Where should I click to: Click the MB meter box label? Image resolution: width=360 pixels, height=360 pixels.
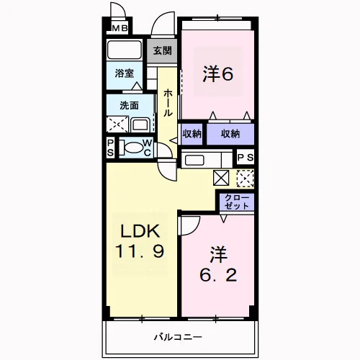[x=120, y=29]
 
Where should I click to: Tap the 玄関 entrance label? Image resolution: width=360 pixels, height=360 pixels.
[x=163, y=50]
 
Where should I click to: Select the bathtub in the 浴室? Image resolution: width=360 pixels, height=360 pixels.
[x=125, y=50]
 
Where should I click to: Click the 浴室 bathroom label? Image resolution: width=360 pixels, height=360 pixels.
[x=124, y=73]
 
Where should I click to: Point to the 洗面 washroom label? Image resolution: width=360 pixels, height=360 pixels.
[x=129, y=105]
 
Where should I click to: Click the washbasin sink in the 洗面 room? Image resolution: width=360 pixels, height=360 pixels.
[x=140, y=125]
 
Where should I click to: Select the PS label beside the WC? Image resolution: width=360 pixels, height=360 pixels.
[x=110, y=148]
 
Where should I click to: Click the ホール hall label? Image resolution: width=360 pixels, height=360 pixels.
[x=168, y=103]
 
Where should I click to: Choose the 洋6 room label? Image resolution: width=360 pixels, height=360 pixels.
[x=217, y=73]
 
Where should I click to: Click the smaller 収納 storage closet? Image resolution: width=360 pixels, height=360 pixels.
[x=192, y=134]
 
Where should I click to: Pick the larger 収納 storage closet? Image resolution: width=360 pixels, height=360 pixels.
[x=230, y=134]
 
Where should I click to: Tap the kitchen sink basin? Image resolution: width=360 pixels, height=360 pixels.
[x=194, y=160]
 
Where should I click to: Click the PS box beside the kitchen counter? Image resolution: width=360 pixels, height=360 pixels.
[x=246, y=158]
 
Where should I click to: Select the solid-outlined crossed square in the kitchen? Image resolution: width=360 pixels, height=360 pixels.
[x=221, y=178]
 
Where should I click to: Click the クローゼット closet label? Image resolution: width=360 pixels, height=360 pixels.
[x=237, y=202]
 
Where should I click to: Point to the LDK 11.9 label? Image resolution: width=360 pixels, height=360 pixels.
[x=140, y=241]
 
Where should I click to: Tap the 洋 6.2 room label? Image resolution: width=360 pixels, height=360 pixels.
[x=218, y=265]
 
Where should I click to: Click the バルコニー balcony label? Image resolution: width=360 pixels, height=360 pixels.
[x=178, y=337]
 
